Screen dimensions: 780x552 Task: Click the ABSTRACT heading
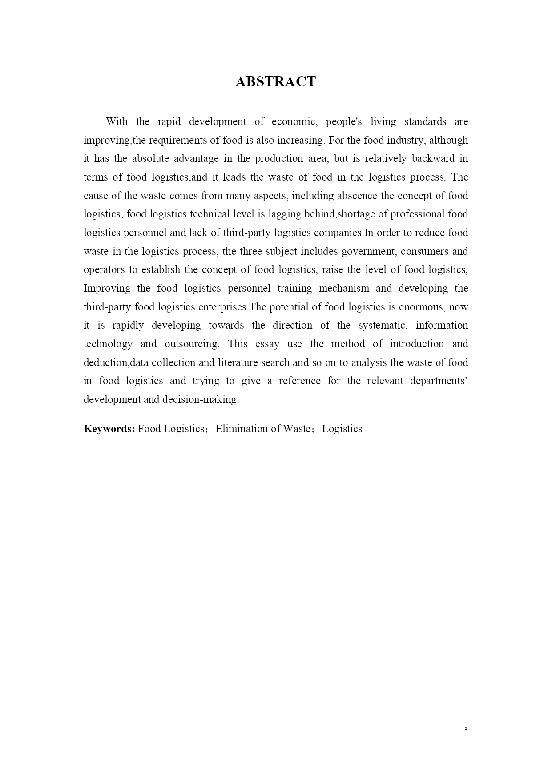(x=275, y=82)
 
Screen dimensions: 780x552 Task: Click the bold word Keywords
(x=109, y=429)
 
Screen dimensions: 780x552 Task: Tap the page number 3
(x=466, y=730)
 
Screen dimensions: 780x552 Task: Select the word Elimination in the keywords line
(x=239, y=429)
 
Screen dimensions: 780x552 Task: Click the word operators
(x=104, y=270)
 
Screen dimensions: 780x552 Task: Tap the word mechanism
(x=344, y=289)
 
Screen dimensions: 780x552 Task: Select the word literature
(x=238, y=363)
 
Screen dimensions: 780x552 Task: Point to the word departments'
(x=439, y=381)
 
